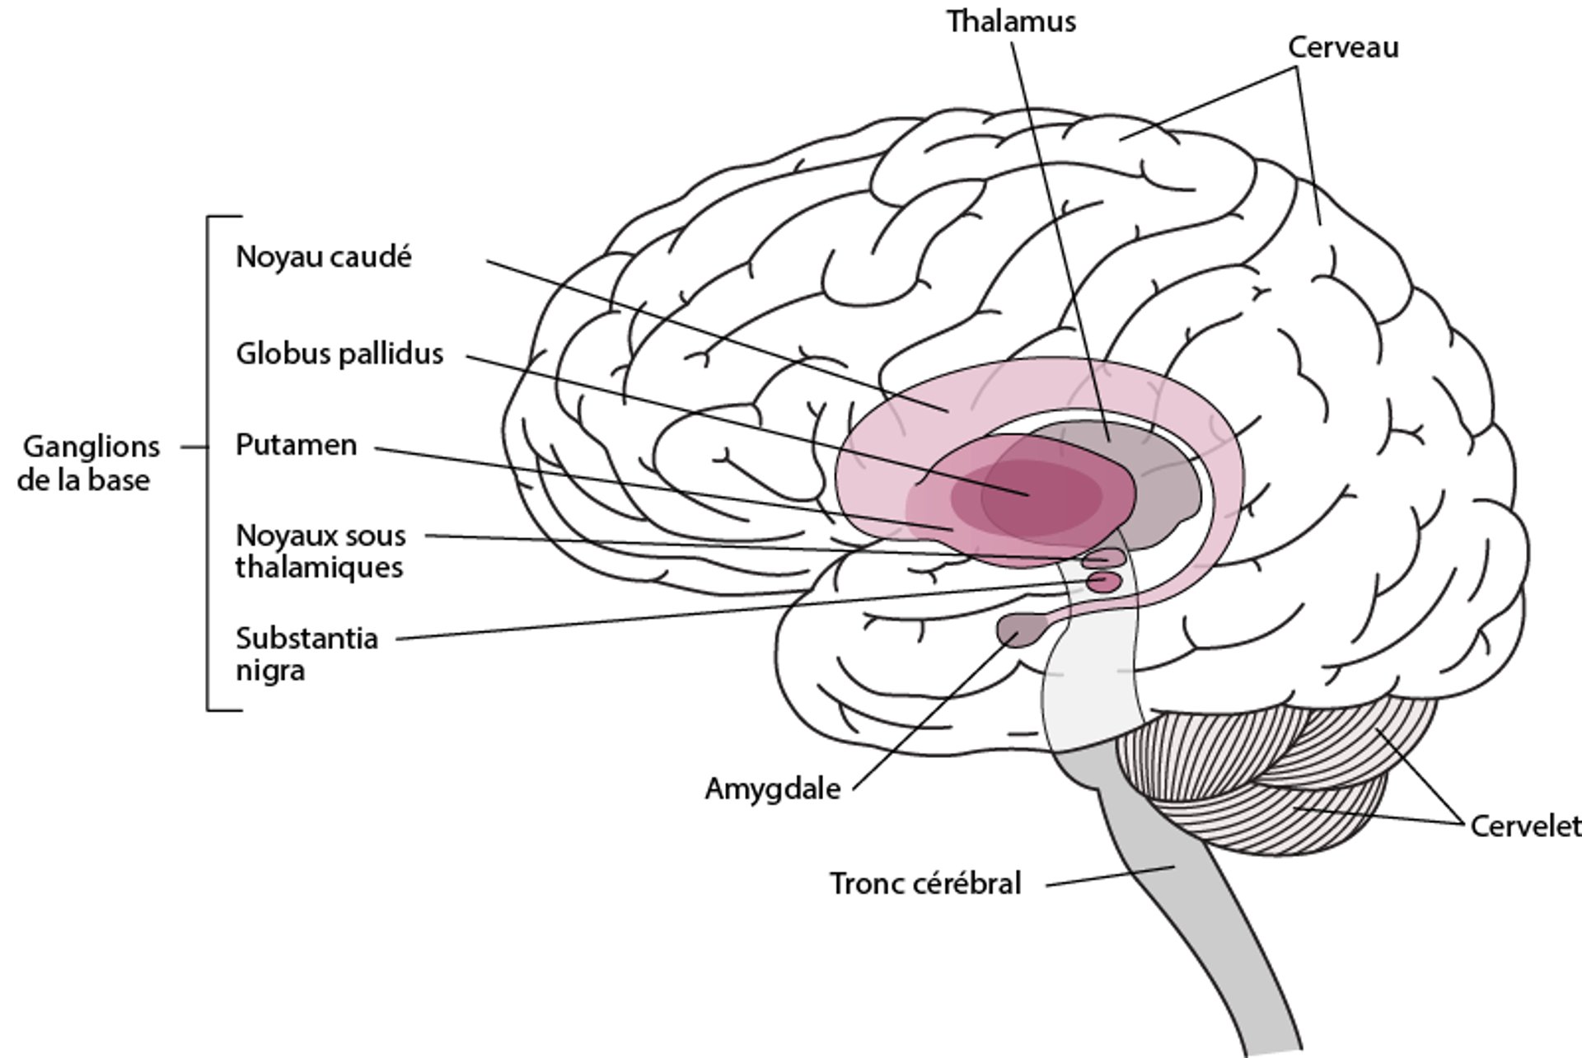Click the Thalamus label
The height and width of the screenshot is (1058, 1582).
pos(1011,21)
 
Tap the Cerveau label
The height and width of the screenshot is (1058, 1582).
pos(1343,48)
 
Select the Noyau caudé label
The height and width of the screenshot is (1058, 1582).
pos(323,257)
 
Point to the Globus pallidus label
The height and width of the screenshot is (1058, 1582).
pos(339,353)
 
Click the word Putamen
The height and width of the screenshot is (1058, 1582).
pos(296,445)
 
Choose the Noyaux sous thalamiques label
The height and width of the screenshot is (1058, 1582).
pos(320,551)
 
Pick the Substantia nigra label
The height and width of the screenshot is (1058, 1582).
pos(306,653)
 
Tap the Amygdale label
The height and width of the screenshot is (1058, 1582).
pos(772,789)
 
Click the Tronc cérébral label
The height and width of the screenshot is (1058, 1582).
pos(924,883)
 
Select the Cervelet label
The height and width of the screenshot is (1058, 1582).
pos(1524,826)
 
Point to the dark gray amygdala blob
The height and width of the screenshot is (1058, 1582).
pos(1020,630)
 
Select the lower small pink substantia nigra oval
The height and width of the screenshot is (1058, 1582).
pos(1104,583)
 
